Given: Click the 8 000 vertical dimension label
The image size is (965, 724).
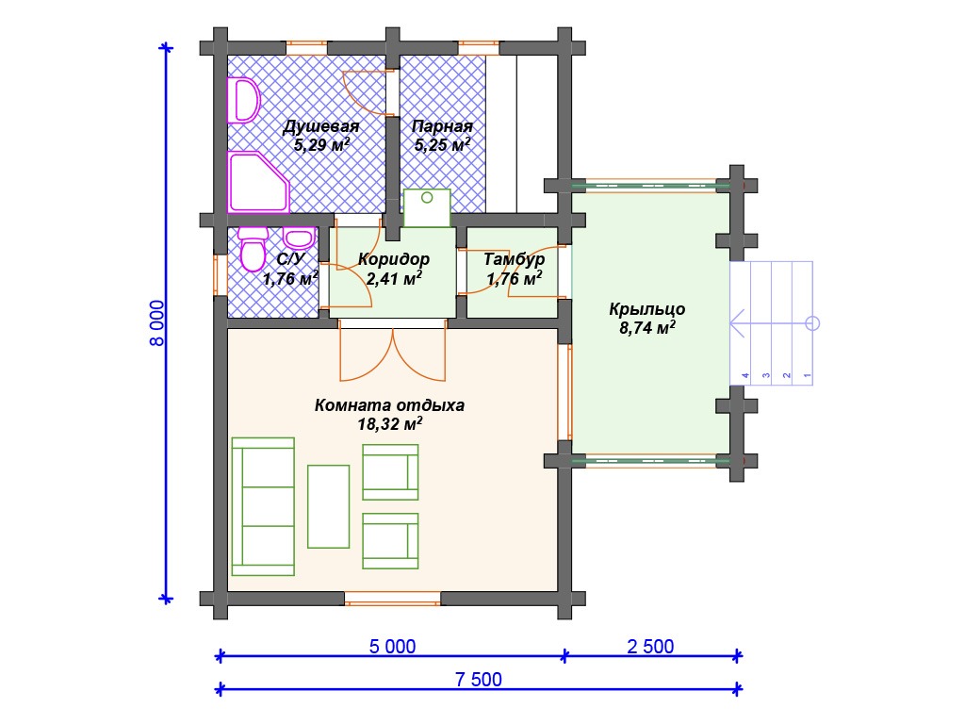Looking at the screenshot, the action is click(157, 322).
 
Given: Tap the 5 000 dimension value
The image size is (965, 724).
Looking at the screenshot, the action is click(392, 647).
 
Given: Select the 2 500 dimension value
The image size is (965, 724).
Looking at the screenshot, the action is click(650, 647).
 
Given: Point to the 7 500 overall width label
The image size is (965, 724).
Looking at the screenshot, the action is click(478, 679).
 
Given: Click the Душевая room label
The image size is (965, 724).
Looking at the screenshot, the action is click(320, 126).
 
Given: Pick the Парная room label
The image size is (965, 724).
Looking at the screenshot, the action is click(442, 126).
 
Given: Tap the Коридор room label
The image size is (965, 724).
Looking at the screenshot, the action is click(394, 259).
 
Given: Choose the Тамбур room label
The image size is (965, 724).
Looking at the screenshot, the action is click(514, 259).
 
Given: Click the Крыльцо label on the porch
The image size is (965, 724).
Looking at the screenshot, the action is click(646, 309).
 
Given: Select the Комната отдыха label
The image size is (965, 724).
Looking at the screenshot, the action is click(389, 405).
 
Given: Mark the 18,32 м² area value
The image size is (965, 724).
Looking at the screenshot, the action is click(389, 423).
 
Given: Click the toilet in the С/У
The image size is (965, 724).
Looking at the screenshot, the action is click(253, 249).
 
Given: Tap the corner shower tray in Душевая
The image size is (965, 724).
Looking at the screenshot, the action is click(258, 182).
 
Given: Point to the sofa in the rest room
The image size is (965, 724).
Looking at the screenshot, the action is click(263, 506).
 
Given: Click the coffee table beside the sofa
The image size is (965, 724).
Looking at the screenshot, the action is click(329, 506).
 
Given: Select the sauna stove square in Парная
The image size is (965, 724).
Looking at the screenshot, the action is click(427, 208).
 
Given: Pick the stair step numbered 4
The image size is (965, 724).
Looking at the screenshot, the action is click(741, 323).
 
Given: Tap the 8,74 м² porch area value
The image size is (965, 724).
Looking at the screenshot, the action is click(646, 327).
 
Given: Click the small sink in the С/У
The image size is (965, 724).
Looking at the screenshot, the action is click(299, 238).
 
